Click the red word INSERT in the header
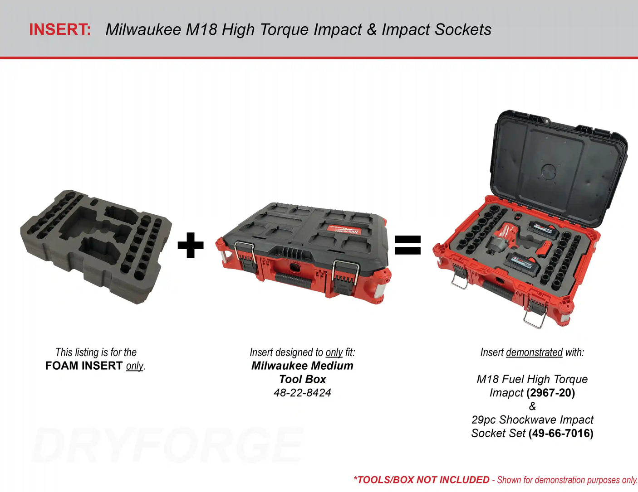click(x=60, y=29)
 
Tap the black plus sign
click(x=191, y=245)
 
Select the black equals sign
click(x=407, y=245)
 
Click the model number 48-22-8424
click(x=302, y=393)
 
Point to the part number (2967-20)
click(x=551, y=393)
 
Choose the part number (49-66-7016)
click(x=561, y=433)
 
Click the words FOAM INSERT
click(x=83, y=366)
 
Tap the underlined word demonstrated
click(x=535, y=352)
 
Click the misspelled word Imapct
click(x=506, y=393)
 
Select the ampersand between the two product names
click(x=532, y=406)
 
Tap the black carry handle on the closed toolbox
click(x=294, y=280)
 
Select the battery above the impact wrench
click(x=543, y=229)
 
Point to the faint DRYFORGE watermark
click(x=167, y=445)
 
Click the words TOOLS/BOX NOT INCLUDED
click(x=422, y=480)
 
